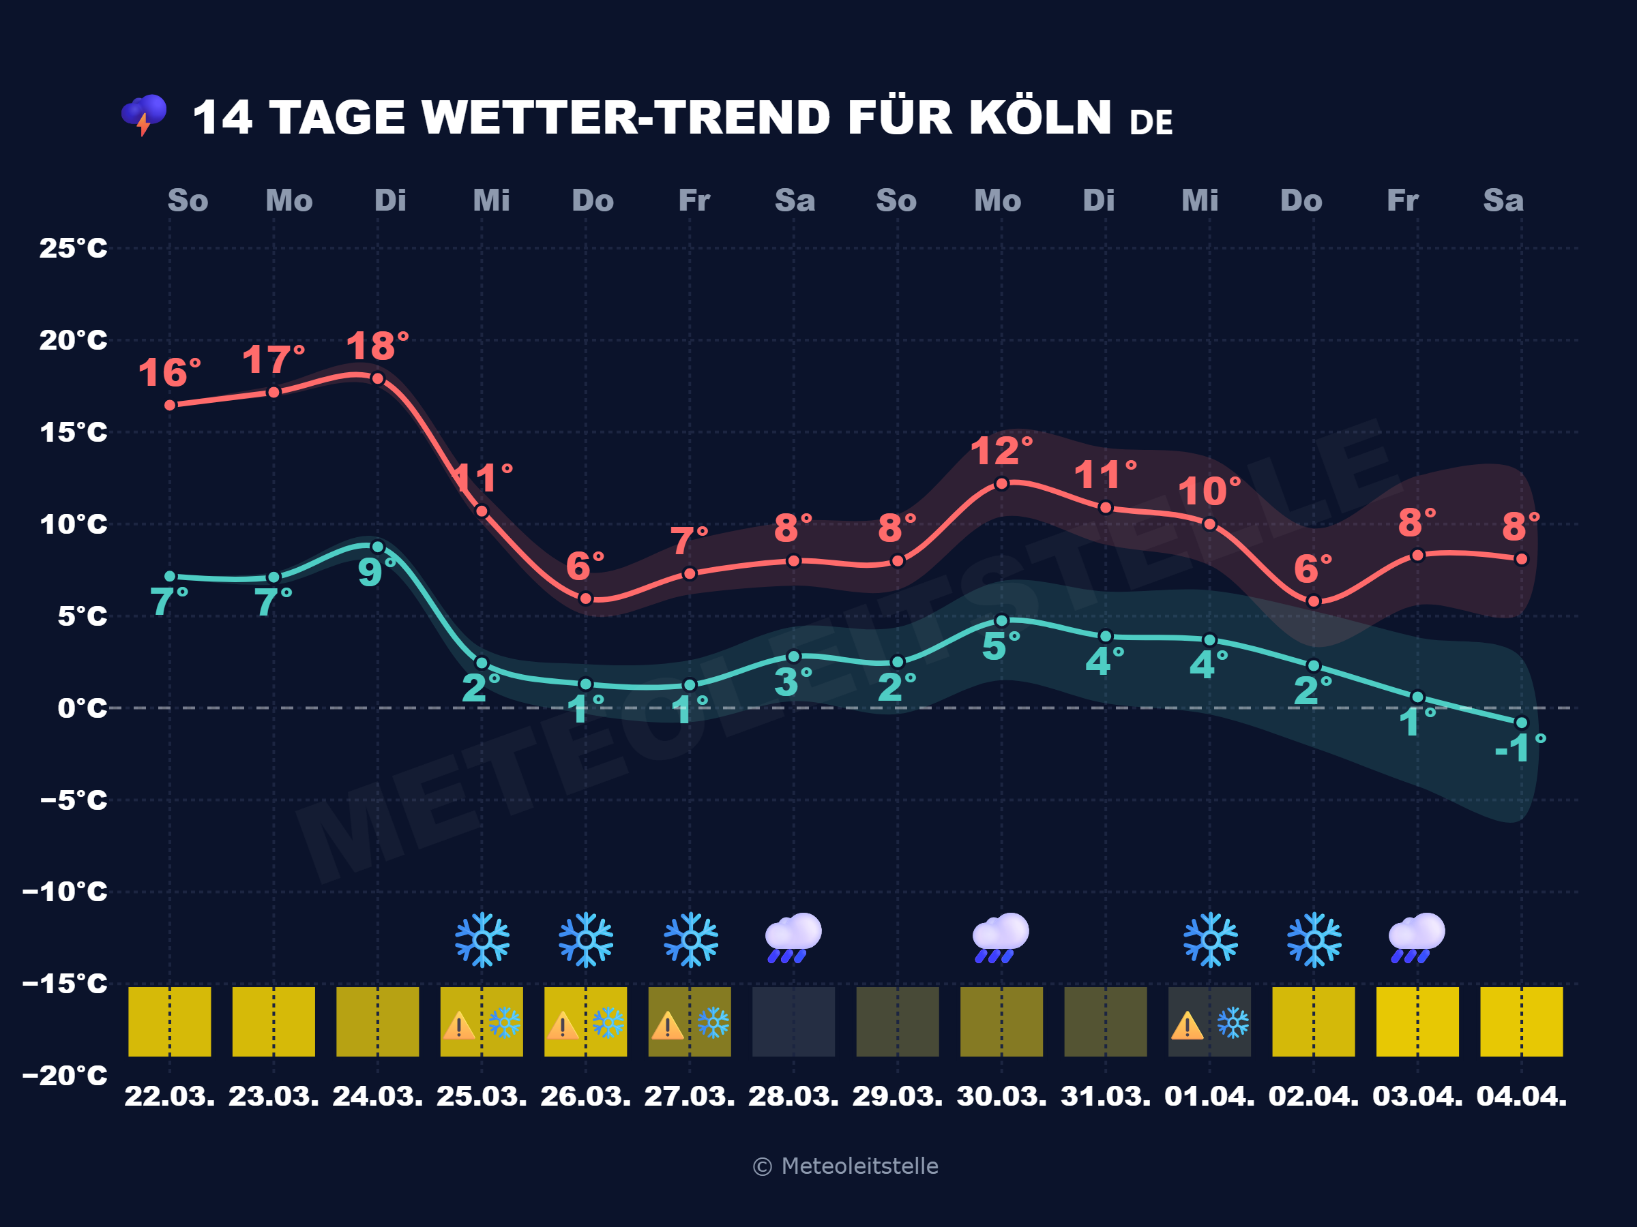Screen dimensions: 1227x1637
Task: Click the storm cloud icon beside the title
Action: [145, 115]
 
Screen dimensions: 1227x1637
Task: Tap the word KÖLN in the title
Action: [1039, 118]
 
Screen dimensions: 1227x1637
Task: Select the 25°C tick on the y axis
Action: [73, 247]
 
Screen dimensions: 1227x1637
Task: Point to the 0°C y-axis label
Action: [82, 708]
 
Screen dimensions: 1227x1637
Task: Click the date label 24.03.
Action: [377, 1095]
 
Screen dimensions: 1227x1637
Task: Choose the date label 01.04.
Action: [1209, 1095]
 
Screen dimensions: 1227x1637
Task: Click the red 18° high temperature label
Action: [377, 346]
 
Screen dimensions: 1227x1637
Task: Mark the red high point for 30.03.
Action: [1001, 484]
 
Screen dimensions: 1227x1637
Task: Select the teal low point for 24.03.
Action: [377, 547]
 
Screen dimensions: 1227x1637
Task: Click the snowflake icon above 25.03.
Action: [482, 939]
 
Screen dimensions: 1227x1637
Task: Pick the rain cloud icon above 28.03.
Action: [793, 938]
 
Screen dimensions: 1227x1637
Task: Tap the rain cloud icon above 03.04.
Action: [1417, 938]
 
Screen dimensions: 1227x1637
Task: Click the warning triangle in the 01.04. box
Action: [1187, 1026]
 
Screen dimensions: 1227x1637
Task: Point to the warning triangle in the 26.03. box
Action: [563, 1026]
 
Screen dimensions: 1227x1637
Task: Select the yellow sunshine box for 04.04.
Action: [1521, 1021]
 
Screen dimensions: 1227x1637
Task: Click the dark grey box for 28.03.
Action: [793, 1021]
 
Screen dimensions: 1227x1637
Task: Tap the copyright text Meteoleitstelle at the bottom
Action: [846, 1166]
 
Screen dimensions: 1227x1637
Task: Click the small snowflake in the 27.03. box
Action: [713, 1023]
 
